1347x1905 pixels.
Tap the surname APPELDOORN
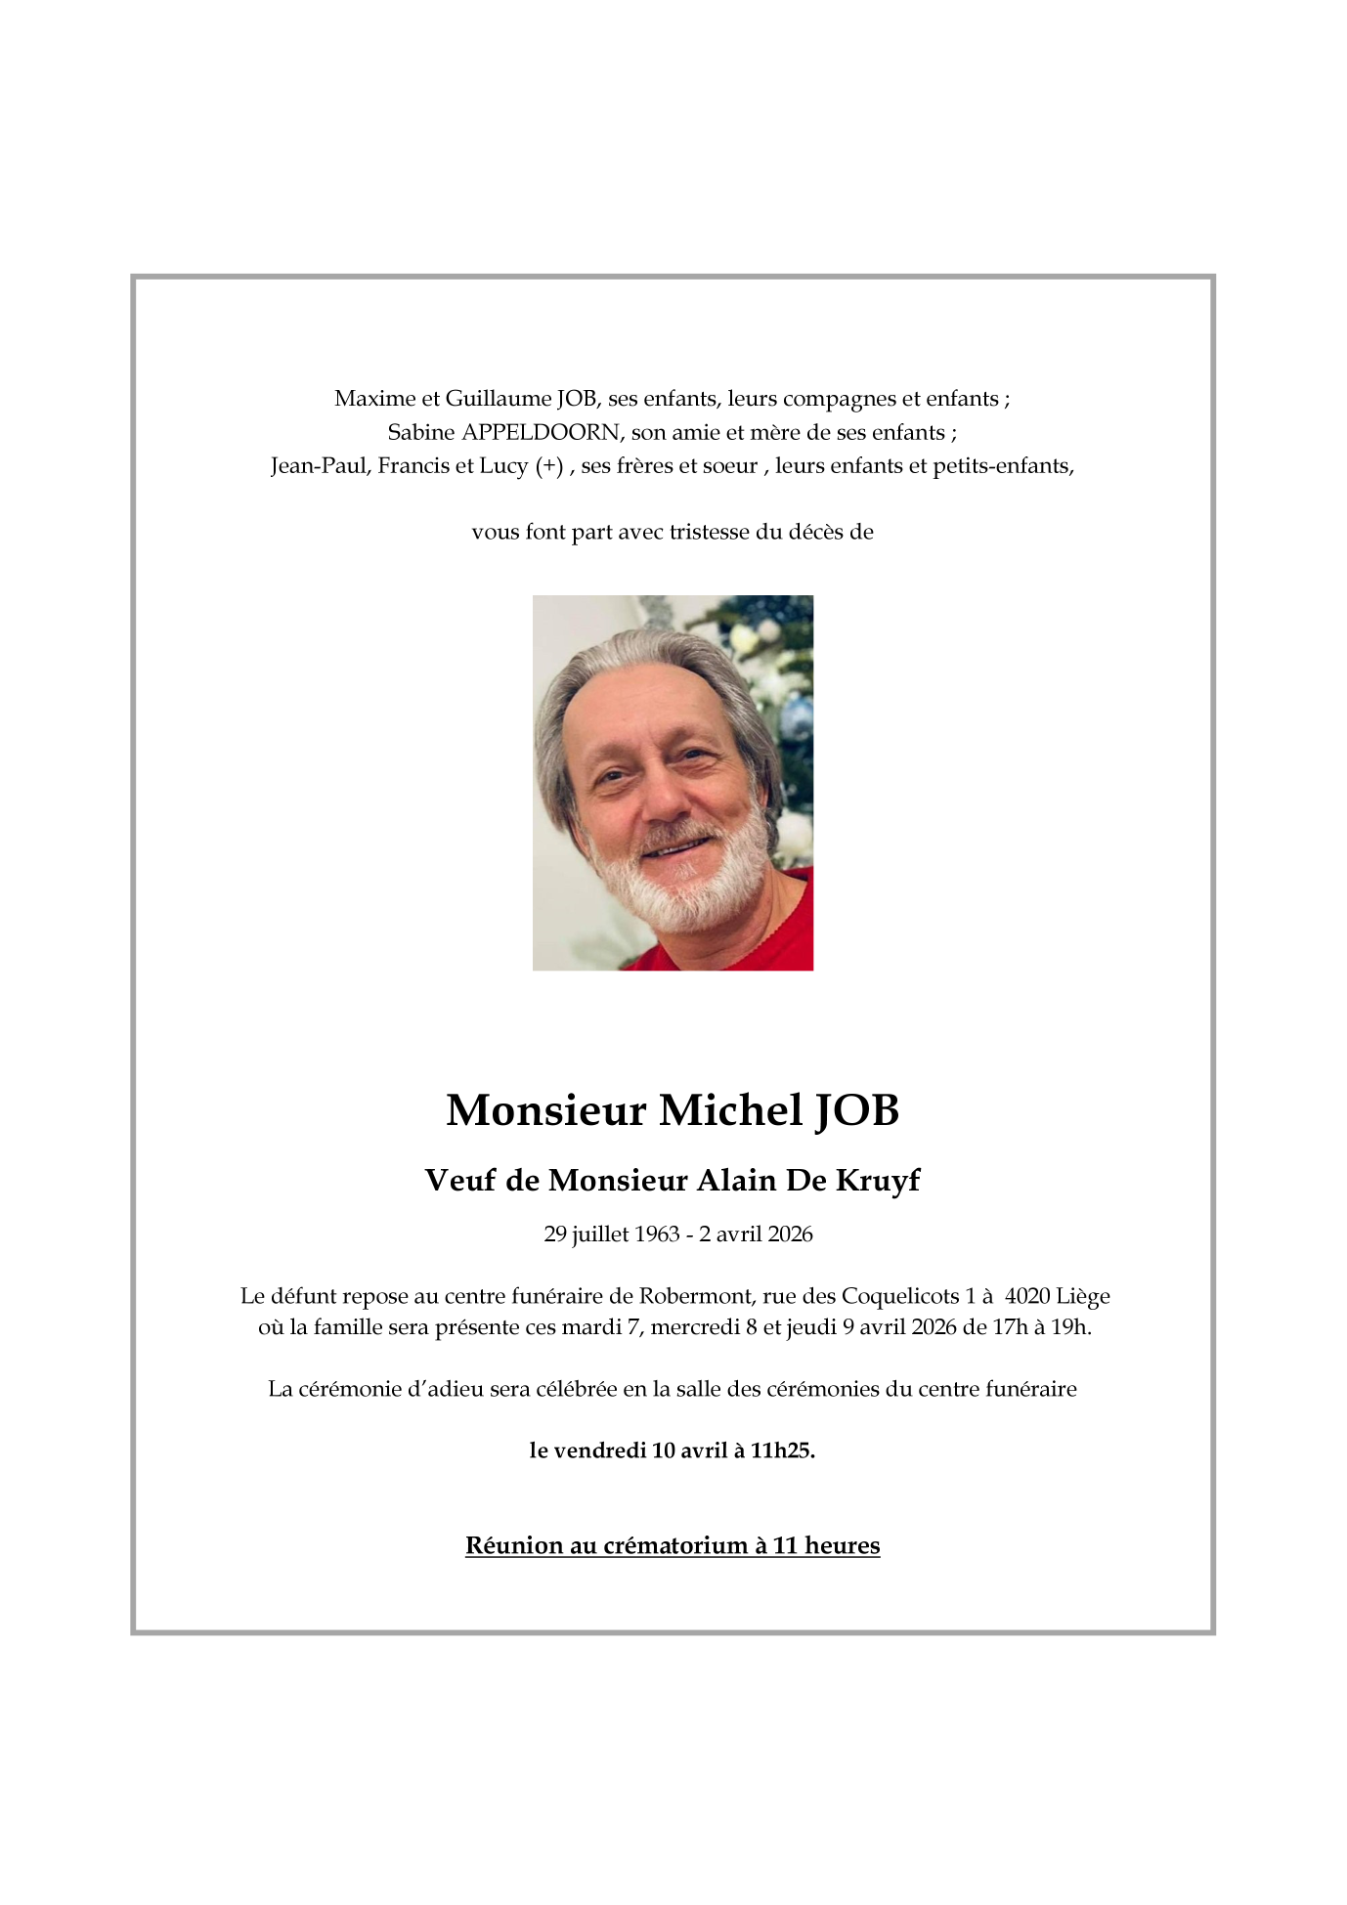[541, 432]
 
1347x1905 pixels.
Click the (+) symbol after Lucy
[549, 466]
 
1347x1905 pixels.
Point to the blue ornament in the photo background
[797, 718]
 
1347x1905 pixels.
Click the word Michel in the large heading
[730, 1110]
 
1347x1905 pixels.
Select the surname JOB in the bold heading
[857, 1110]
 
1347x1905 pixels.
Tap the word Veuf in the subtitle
[460, 1181]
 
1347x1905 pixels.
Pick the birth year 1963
[657, 1234]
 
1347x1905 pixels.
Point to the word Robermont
[696, 1296]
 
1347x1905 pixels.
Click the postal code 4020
[1026, 1296]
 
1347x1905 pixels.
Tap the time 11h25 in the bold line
[782, 1450]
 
